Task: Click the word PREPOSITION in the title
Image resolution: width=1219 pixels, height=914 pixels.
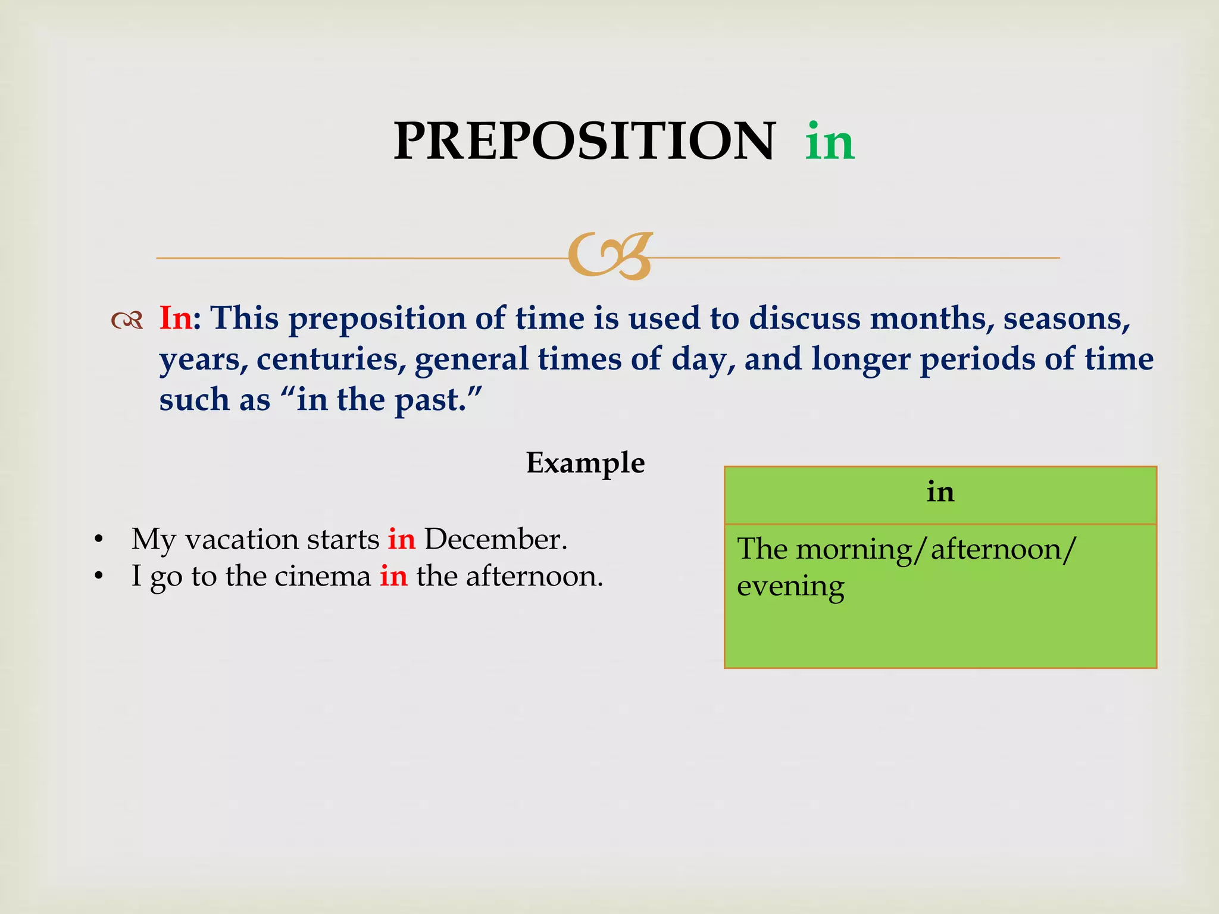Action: click(x=585, y=141)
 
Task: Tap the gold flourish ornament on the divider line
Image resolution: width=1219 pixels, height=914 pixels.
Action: click(x=610, y=256)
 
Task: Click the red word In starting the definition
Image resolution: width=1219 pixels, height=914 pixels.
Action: click(x=176, y=318)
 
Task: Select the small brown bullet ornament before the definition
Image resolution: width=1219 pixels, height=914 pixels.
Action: click(x=127, y=321)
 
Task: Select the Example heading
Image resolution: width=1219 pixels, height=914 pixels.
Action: click(x=585, y=463)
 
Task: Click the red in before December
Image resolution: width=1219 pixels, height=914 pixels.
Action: click(x=402, y=539)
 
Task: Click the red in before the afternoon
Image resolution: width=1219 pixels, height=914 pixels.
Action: click(x=394, y=576)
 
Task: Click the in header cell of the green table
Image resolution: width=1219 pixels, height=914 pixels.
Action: click(x=940, y=493)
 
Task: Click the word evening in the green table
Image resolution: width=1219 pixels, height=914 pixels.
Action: click(x=790, y=587)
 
